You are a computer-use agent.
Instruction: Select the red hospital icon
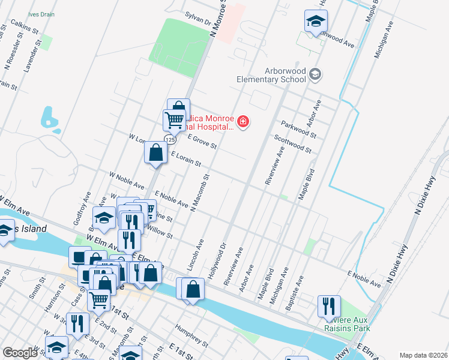coord(243,122)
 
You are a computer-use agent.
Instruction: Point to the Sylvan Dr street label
coord(199,21)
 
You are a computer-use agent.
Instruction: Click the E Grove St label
coord(202,142)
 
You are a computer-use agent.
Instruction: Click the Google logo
coord(20,353)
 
